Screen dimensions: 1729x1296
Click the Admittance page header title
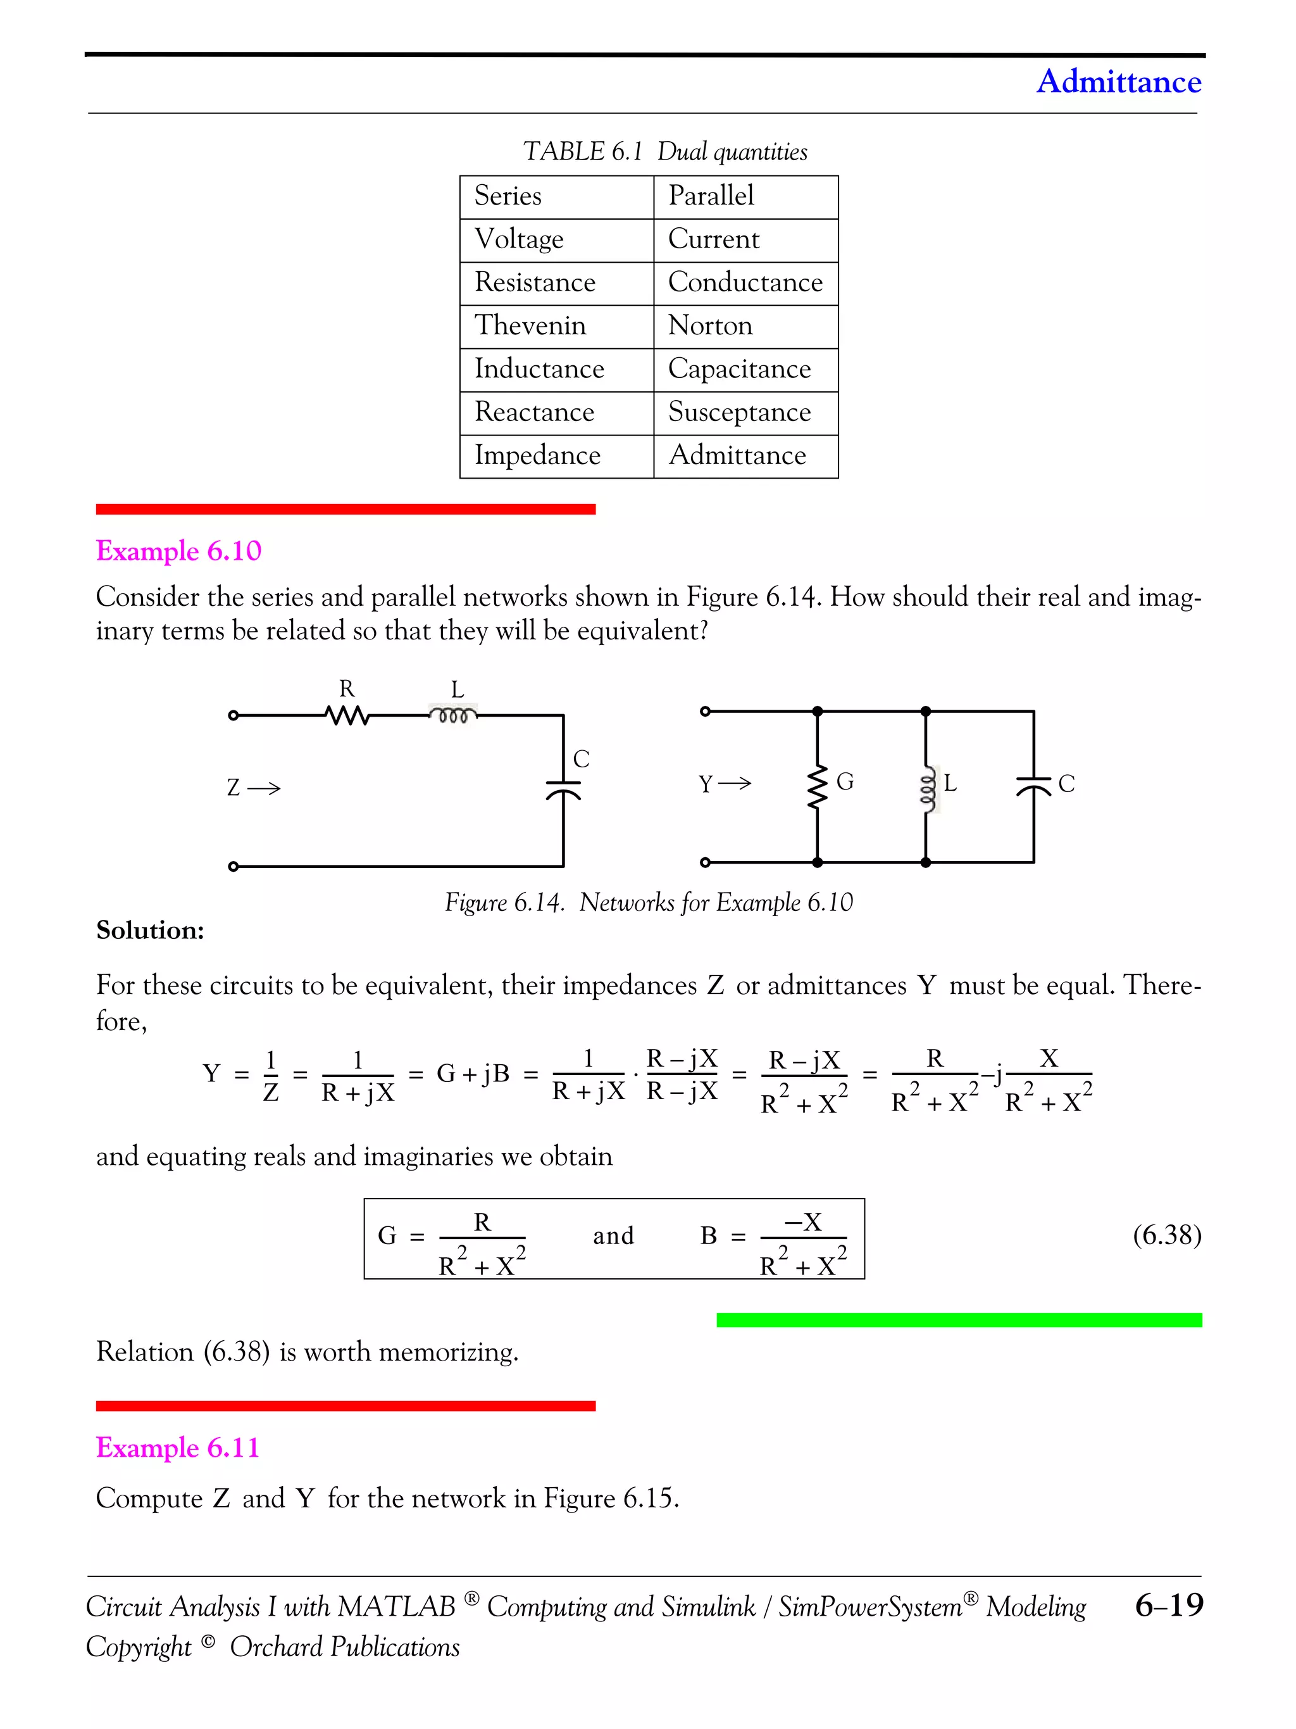(1118, 81)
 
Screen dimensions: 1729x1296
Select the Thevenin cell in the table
(530, 325)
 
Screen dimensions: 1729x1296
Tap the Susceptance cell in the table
(739, 412)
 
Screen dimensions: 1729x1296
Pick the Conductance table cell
(744, 282)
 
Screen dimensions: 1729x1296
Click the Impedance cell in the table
(537, 455)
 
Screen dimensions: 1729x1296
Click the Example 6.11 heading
(177, 1447)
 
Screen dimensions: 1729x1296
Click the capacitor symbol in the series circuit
(563, 789)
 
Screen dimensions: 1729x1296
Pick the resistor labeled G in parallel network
(817, 786)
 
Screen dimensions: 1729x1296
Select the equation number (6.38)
(1166, 1235)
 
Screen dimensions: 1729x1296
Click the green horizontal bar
(959, 1320)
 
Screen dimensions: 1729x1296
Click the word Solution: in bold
(150, 930)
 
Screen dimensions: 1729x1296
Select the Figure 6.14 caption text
(649, 902)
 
